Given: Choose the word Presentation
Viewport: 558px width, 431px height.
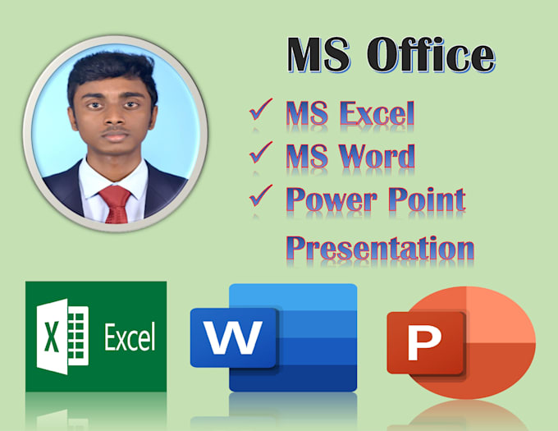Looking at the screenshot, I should pos(380,246).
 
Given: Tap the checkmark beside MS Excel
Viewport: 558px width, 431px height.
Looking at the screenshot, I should pos(261,111).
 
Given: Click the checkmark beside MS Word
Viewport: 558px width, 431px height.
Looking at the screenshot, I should pos(261,151).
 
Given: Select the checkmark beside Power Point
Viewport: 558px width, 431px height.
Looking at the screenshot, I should pos(261,195).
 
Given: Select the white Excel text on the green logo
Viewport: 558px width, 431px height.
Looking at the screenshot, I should pos(129,337).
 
